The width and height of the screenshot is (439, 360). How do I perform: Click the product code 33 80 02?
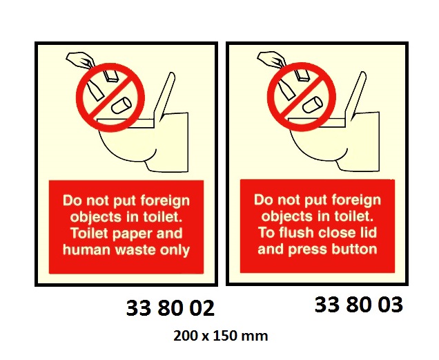point(170,308)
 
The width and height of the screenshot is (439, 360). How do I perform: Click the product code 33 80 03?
point(358,305)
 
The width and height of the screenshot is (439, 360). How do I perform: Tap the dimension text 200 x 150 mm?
point(220,337)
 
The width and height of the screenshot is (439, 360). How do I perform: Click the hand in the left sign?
point(77,60)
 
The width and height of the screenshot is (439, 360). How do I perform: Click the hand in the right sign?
point(269,60)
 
